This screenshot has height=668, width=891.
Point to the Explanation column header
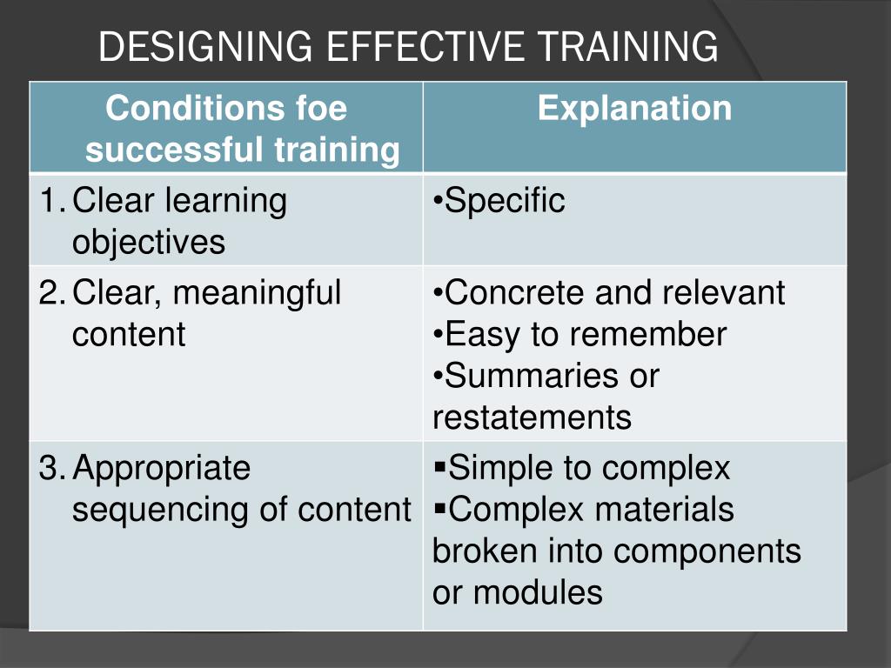[634, 109]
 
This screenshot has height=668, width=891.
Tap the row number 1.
[49, 202]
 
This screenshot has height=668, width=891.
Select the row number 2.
[49, 293]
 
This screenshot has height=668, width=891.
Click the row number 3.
[49, 469]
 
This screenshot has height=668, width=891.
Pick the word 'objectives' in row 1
[148, 243]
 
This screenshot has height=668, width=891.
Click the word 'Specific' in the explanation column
[505, 202]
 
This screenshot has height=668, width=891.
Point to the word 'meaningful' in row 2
[257, 293]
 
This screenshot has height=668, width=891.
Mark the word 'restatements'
[532, 417]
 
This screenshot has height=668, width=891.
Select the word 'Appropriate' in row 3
[161, 469]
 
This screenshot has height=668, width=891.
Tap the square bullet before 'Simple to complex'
[439, 468]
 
